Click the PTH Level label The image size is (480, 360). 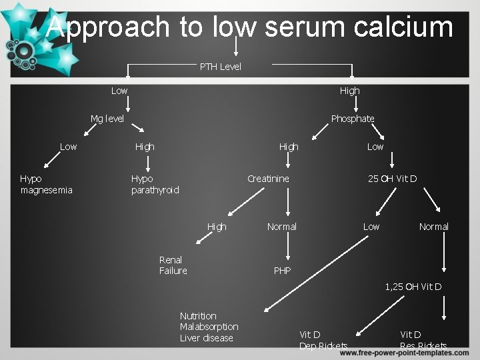coord(221,67)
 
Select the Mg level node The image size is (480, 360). coord(107,119)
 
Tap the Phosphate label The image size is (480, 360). coord(353,119)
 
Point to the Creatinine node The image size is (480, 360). coord(268,179)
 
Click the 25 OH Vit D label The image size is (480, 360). coord(393,179)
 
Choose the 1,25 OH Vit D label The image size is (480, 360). coord(413,287)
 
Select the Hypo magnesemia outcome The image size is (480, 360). coord(47,185)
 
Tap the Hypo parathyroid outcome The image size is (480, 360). coord(155,185)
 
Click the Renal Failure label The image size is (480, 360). coord(173,265)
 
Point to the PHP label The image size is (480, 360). coord(282,271)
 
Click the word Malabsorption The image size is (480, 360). coord(209,327)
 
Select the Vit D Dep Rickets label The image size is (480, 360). coord(323,340)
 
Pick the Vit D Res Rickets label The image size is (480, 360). coord(423,340)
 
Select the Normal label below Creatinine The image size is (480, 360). coord(282,227)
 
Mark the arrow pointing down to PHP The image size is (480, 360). coord(288,248)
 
